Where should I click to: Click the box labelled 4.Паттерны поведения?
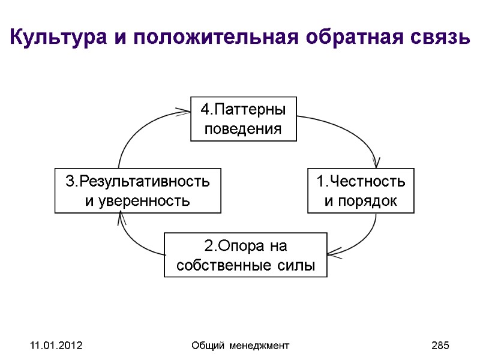pyautogui.click(x=244, y=119)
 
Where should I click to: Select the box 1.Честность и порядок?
pyautogui.click(x=361, y=191)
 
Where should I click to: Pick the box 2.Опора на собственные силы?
pyautogui.click(x=245, y=255)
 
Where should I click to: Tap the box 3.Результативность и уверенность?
pyautogui.click(x=137, y=191)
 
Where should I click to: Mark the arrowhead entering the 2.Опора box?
pyautogui.click(x=333, y=252)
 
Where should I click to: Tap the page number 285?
pyautogui.click(x=440, y=346)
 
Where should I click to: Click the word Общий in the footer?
pyautogui.click(x=205, y=346)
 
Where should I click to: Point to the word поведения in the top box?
pyautogui.click(x=243, y=128)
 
